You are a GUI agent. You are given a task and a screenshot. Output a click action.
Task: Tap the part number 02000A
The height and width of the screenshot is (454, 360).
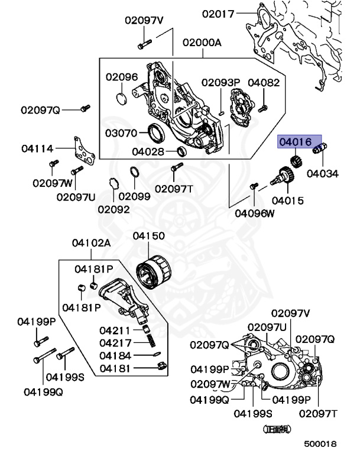202,43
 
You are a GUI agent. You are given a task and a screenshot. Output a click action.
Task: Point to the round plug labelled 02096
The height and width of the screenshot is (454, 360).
121,98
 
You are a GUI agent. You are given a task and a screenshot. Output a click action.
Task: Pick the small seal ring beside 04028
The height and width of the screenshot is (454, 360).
181,151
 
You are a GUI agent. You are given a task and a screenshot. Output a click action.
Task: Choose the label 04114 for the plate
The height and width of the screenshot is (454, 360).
37,148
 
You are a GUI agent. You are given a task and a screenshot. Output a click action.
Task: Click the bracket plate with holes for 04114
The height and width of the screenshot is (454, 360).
85,151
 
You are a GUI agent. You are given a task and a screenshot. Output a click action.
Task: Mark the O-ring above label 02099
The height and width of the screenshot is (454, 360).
134,172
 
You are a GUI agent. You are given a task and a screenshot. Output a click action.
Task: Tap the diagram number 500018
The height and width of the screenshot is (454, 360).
320,443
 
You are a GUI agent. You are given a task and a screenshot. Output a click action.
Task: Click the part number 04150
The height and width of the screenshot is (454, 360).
148,236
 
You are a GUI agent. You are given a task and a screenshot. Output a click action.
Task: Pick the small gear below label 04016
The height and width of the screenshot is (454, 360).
296,161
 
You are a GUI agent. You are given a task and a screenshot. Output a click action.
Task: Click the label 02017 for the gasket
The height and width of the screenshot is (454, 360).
218,14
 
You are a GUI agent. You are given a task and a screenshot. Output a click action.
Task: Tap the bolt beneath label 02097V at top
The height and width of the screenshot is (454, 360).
144,44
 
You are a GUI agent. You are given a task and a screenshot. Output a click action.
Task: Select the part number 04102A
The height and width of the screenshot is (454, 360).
91,242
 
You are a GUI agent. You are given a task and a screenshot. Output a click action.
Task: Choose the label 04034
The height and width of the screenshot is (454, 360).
323,173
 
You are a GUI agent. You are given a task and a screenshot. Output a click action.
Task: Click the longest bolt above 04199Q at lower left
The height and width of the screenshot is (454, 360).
44,355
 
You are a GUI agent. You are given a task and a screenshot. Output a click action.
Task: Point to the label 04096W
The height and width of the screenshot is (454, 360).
255,213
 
